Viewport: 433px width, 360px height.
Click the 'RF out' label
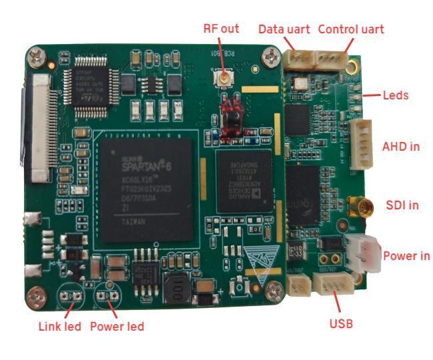[x=224, y=28]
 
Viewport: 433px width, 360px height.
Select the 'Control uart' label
[x=351, y=29]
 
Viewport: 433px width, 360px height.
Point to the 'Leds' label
[x=396, y=95]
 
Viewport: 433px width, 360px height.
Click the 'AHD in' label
[x=400, y=145]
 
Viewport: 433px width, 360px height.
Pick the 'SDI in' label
[x=402, y=205]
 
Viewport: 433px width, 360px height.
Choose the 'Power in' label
[x=406, y=256]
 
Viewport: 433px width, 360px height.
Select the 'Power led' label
[x=117, y=327]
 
